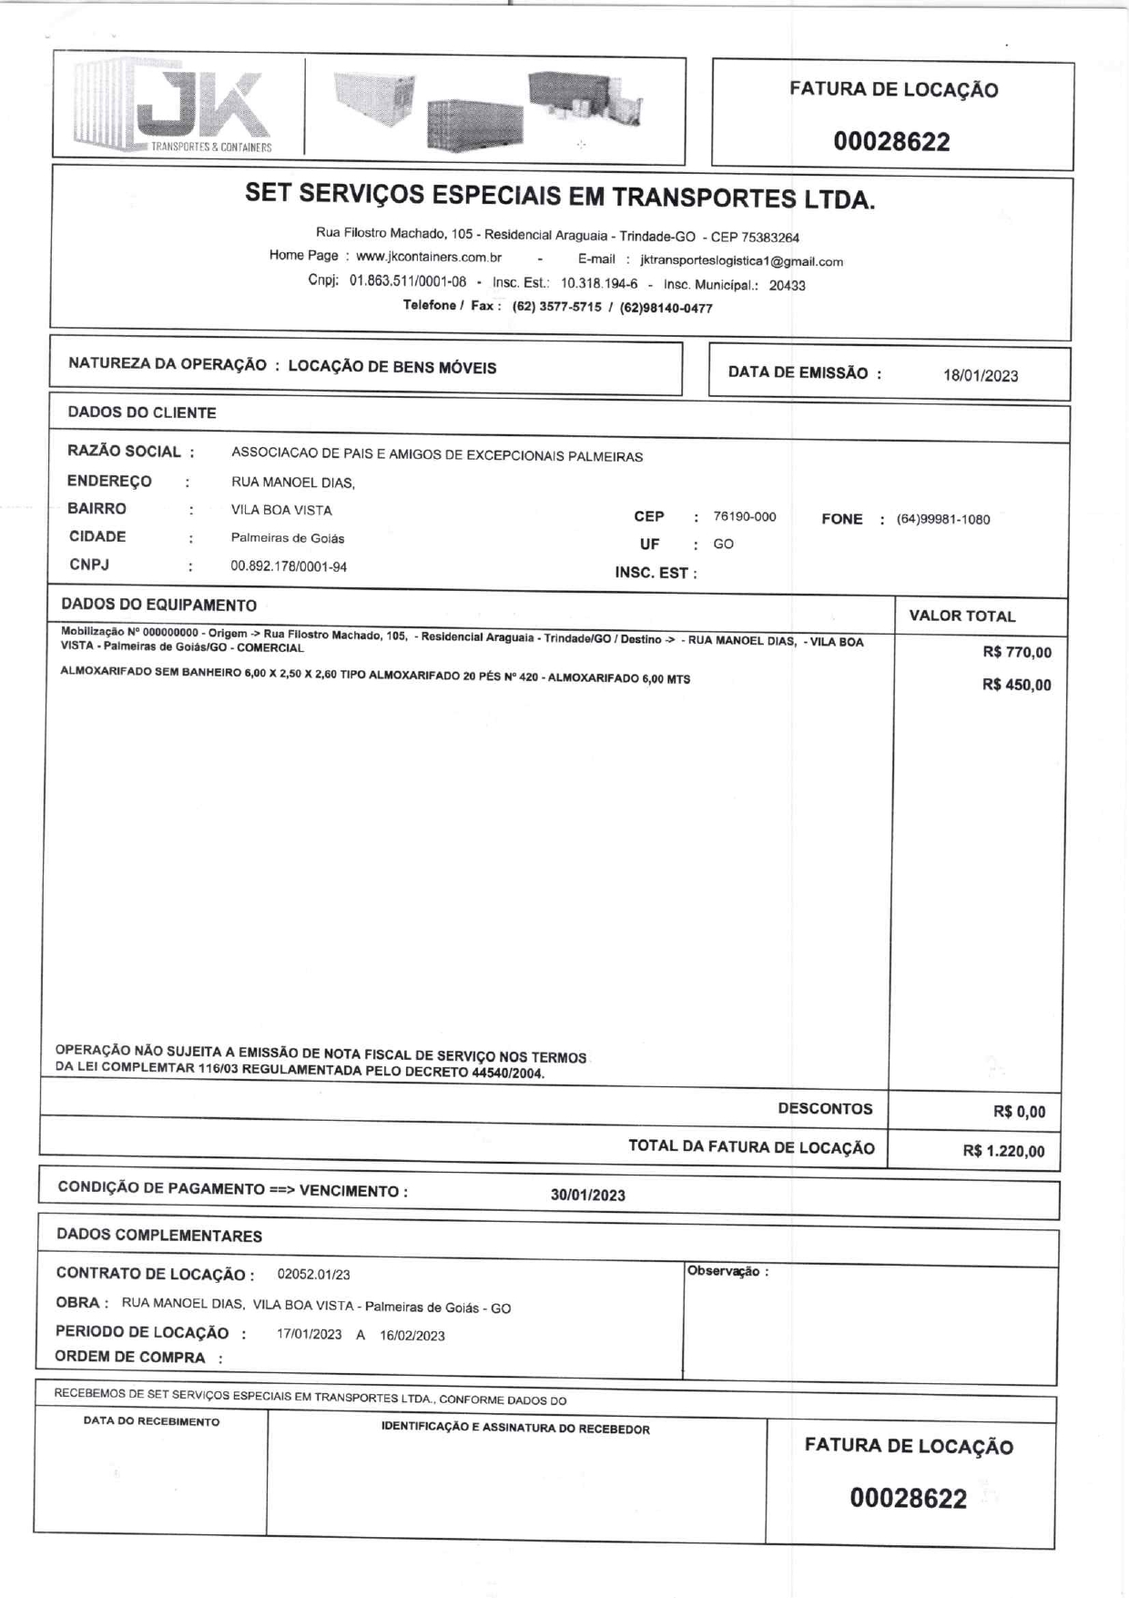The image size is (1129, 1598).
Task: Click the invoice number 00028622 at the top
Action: (891, 142)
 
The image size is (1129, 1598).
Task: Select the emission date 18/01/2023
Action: (981, 376)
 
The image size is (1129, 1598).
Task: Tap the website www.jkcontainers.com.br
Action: (429, 257)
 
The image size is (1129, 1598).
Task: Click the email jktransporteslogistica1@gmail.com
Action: (741, 261)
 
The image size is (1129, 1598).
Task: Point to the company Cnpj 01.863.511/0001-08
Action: (407, 281)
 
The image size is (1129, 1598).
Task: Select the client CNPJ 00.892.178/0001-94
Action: (289, 566)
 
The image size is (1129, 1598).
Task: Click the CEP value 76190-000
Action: (745, 516)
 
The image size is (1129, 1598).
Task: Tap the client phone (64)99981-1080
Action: (942, 520)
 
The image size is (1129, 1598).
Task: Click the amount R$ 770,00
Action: (1017, 652)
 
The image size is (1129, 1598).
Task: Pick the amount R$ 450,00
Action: (1016, 685)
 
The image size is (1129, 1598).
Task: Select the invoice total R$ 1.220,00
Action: (1003, 1151)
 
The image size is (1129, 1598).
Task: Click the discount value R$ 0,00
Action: (1019, 1112)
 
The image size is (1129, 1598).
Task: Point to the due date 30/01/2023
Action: (587, 1196)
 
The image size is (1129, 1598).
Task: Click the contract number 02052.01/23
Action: (313, 1275)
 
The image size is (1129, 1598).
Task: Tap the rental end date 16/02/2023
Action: (412, 1336)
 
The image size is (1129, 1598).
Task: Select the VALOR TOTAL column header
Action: (961, 616)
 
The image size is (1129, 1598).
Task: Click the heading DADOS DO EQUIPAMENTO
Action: (158, 605)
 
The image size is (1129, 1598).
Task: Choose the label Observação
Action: (727, 1271)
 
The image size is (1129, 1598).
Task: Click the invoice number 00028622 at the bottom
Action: (908, 1498)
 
